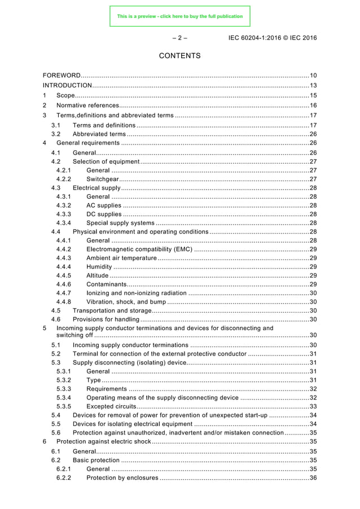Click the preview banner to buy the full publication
(179, 16)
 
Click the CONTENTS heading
(179, 56)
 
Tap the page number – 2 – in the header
(179, 38)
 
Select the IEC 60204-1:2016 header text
(273, 38)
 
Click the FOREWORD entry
(62, 76)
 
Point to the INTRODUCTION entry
(68, 85)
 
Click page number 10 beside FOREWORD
(313, 76)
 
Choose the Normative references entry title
(87, 106)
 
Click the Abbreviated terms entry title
(99, 134)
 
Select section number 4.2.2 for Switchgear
(64, 179)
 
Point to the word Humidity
(99, 267)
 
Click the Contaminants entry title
(107, 284)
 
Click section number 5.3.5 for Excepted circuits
(64, 407)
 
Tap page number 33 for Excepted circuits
(313, 407)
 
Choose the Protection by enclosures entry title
(122, 478)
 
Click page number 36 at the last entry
(313, 478)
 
